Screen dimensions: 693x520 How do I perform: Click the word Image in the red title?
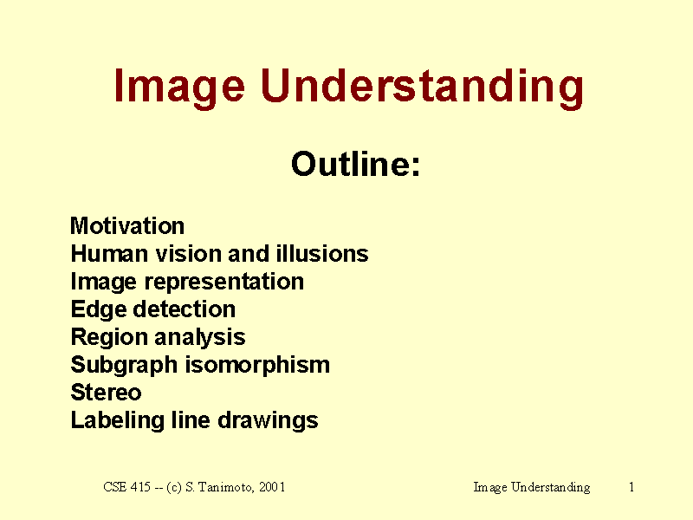pos(179,88)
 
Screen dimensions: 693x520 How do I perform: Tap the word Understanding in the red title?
pos(422,88)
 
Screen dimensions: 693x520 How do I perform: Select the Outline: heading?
pos(355,164)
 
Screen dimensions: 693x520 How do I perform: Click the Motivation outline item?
pos(127,226)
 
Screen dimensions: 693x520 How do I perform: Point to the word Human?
pos(109,254)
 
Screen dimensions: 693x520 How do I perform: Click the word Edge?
pos(98,310)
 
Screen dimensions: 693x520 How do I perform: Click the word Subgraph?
pos(124,366)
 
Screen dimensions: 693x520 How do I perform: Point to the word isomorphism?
pos(257,366)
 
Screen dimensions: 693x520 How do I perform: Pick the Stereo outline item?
pos(106,393)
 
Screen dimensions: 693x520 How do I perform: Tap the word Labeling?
pos(117,421)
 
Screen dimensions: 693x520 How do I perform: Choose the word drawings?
pos(269,421)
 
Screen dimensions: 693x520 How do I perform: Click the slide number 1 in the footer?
pos(632,487)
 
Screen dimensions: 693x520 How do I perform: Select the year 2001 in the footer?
pos(272,487)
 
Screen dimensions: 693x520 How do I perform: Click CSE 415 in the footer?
pos(126,487)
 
